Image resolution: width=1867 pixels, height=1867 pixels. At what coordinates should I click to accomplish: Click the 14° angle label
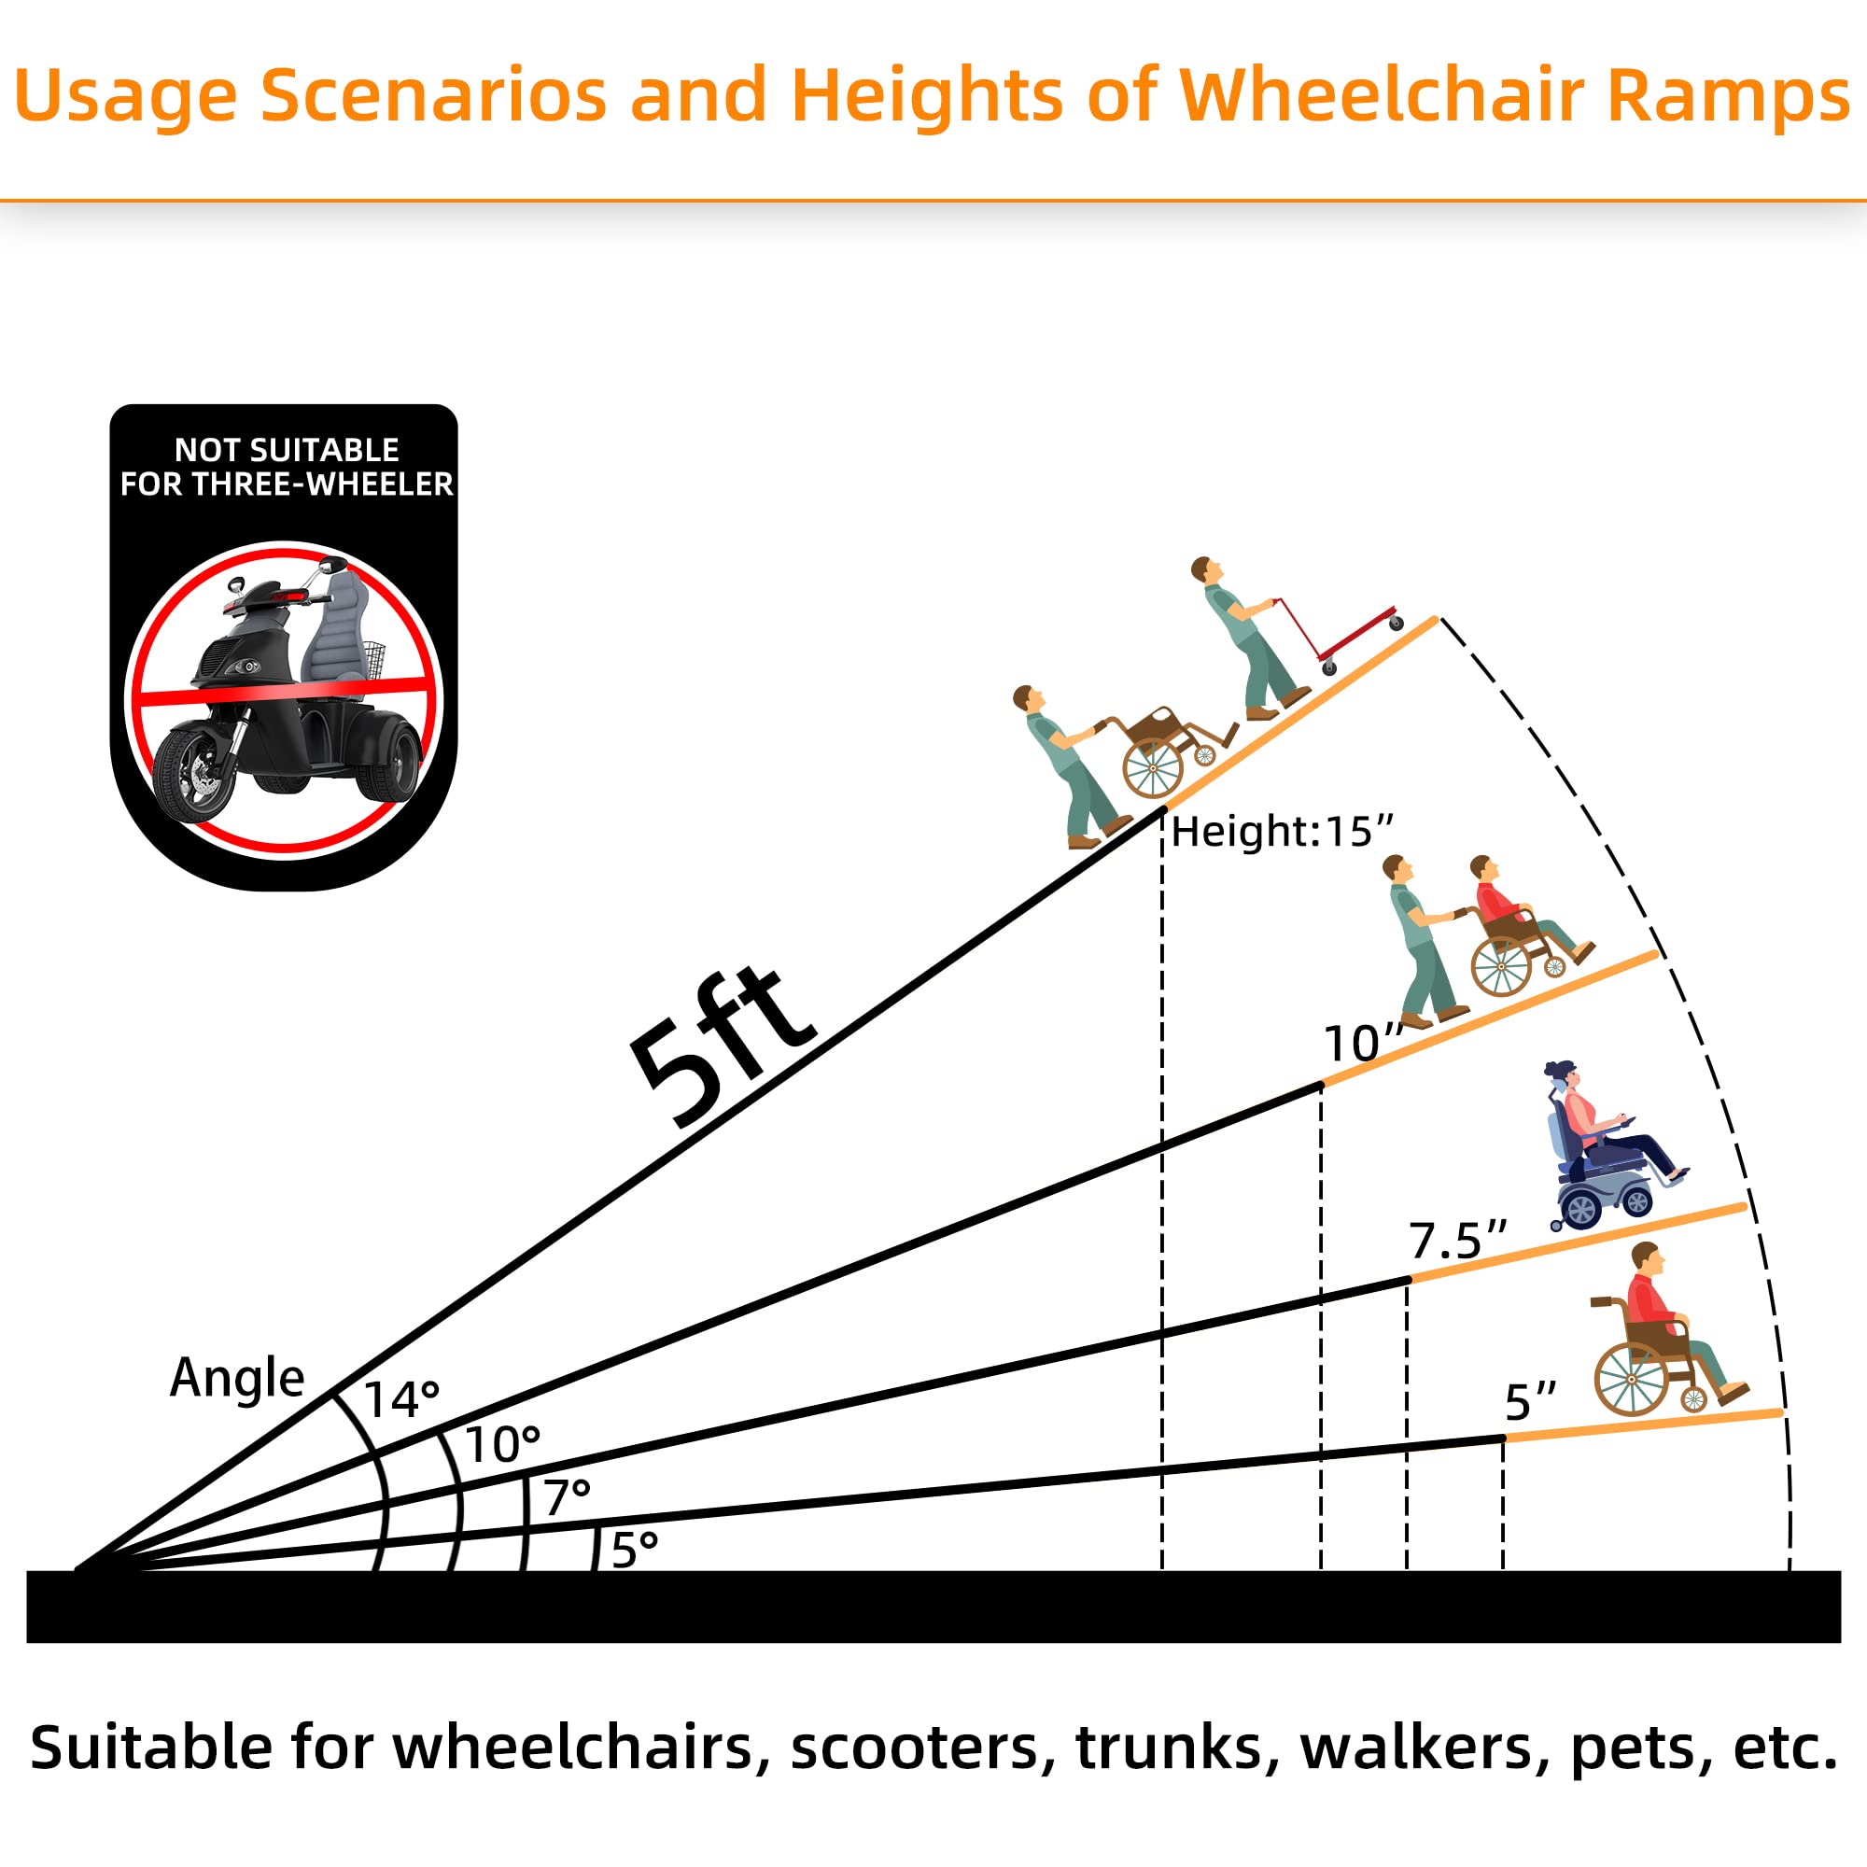(402, 1400)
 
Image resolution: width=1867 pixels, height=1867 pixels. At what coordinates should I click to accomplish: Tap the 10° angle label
(502, 1446)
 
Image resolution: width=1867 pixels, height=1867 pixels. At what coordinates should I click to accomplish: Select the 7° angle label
(568, 1498)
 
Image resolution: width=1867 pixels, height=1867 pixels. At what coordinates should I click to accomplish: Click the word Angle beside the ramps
(237, 1378)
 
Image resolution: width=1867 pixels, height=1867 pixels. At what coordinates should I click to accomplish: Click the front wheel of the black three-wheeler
(193, 774)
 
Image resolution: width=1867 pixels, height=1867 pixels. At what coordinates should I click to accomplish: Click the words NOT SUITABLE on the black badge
(286, 450)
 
